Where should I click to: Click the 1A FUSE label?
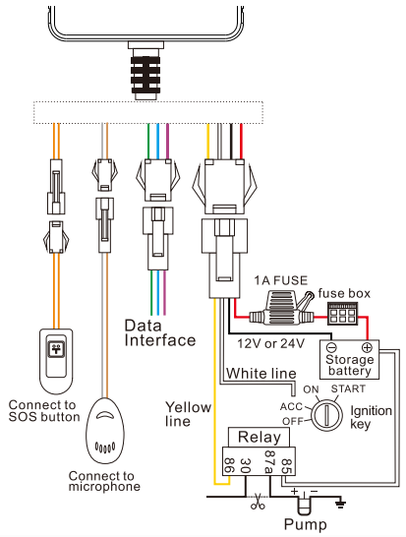(x=281, y=281)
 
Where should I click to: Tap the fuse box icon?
(x=343, y=314)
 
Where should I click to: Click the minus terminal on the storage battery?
(x=331, y=348)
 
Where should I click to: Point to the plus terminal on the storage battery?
(x=367, y=348)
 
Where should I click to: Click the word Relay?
(x=260, y=438)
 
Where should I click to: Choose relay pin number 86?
(x=229, y=465)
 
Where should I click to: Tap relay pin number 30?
(x=246, y=465)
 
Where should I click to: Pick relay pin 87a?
(x=269, y=461)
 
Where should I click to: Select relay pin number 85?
(x=286, y=466)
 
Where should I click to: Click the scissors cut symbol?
(x=258, y=501)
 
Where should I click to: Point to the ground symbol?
(x=340, y=504)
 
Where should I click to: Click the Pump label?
(x=306, y=524)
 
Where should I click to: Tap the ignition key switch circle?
(x=326, y=415)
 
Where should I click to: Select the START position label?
(x=348, y=389)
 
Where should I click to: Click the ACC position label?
(x=292, y=406)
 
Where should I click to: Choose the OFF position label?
(x=293, y=421)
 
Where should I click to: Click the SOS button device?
(x=56, y=362)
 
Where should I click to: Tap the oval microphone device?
(x=105, y=431)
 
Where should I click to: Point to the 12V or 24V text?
(x=270, y=343)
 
